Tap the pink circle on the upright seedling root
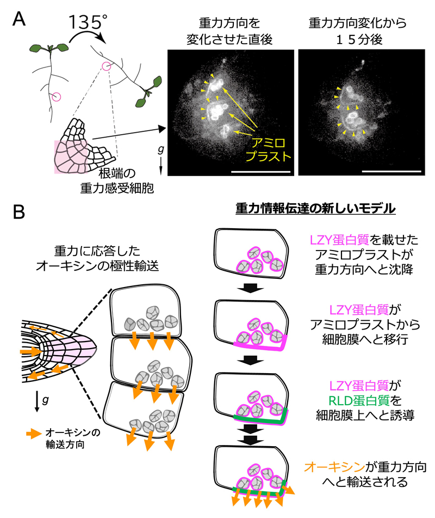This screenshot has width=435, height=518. [57, 96]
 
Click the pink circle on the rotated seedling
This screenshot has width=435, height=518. [106, 66]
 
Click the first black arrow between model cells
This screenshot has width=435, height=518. [251, 288]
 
